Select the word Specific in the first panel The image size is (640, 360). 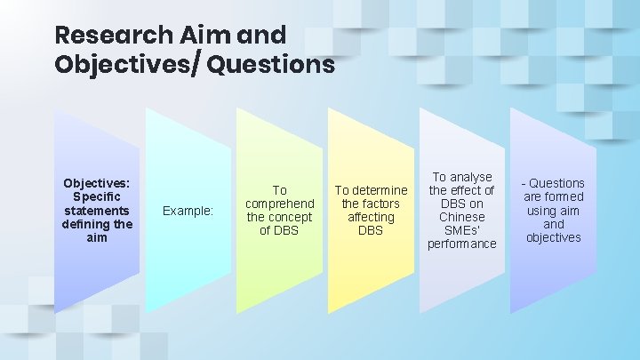coord(97,196)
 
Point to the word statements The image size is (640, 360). coord(97,211)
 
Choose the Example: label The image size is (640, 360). coord(188,211)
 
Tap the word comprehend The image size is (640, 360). coord(279,204)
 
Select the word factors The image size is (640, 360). coord(380,204)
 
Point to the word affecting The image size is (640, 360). coord(371,217)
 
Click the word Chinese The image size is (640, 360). coord(461,217)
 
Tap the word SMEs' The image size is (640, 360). coord(461,230)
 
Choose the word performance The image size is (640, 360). coord(461,244)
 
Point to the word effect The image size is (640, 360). coord(476,190)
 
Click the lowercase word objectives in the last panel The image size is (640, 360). coord(553,237)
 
